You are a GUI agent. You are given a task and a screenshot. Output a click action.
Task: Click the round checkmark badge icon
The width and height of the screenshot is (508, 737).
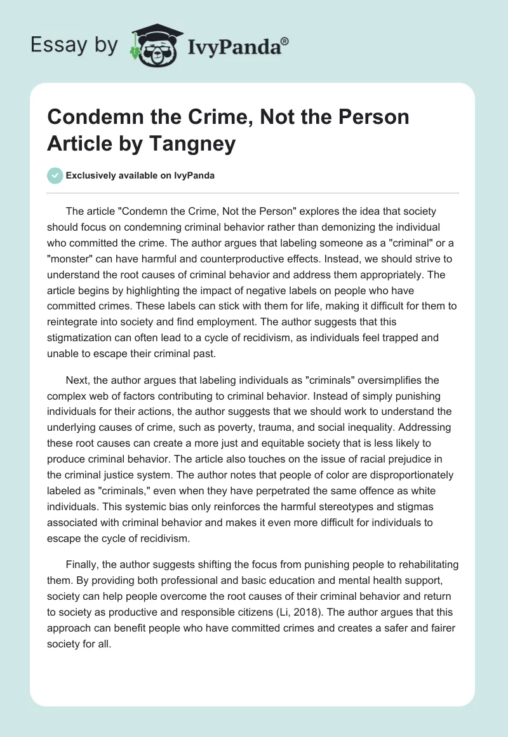tap(56, 175)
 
